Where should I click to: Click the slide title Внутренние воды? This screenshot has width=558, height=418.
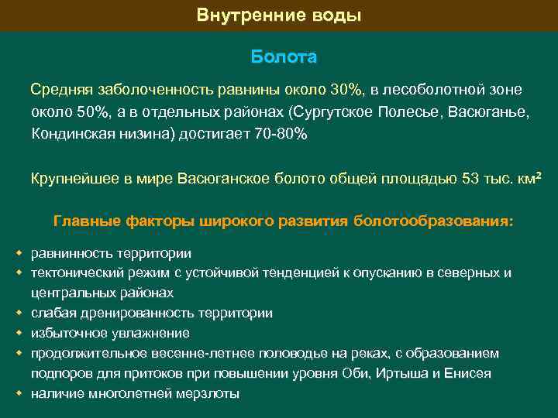[x=279, y=15]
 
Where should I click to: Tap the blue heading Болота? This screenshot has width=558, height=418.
[x=284, y=58]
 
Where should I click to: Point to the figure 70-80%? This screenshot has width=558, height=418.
[x=281, y=134]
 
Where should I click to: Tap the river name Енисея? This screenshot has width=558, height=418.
[x=468, y=374]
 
